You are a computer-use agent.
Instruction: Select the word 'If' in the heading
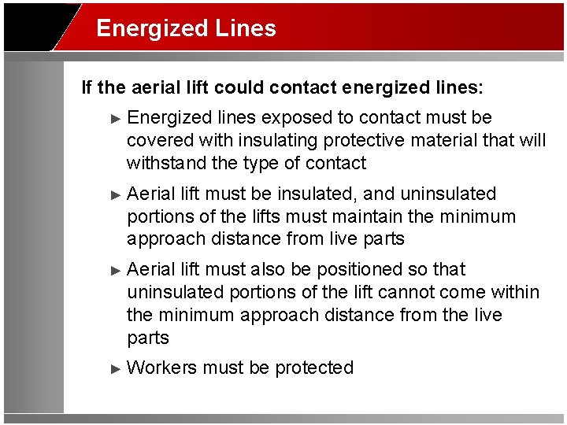(87, 87)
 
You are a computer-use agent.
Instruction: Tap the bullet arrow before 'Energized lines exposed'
(117, 119)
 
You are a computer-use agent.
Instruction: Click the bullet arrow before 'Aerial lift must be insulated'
(117, 194)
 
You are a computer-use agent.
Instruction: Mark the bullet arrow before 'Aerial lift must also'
(117, 270)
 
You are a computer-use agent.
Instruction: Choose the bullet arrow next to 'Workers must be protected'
(117, 368)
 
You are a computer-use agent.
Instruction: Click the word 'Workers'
(161, 368)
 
